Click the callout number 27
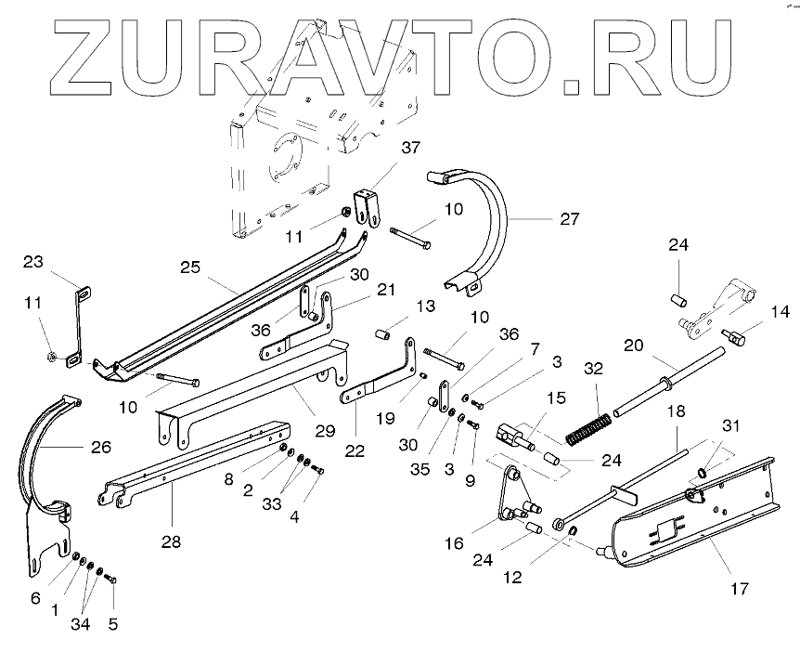coord(570,219)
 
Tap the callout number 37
coord(411,148)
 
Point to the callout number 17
coord(741,588)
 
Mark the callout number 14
coord(780,312)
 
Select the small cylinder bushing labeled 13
coord(382,333)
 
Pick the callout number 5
coord(113,624)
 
